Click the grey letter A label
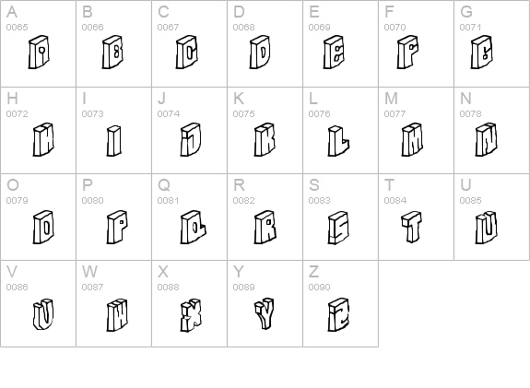[x=11, y=12]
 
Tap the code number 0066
[x=92, y=27]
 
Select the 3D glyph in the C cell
[x=187, y=53]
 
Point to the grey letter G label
[x=466, y=12]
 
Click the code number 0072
[x=17, y=113]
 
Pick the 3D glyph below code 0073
[x=114, y=140]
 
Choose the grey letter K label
[x=238, y=98]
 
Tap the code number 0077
[x=395, y=113]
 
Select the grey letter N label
[x=465, y=98]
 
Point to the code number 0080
[x=92, y=200]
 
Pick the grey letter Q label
[x=163, y=184]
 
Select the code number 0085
[x=470, y=200]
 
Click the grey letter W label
[x=89, y=271]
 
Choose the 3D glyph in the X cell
[x=190, y=313]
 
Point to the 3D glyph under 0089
[x=264, y=313]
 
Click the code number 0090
[x=319, y=287]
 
